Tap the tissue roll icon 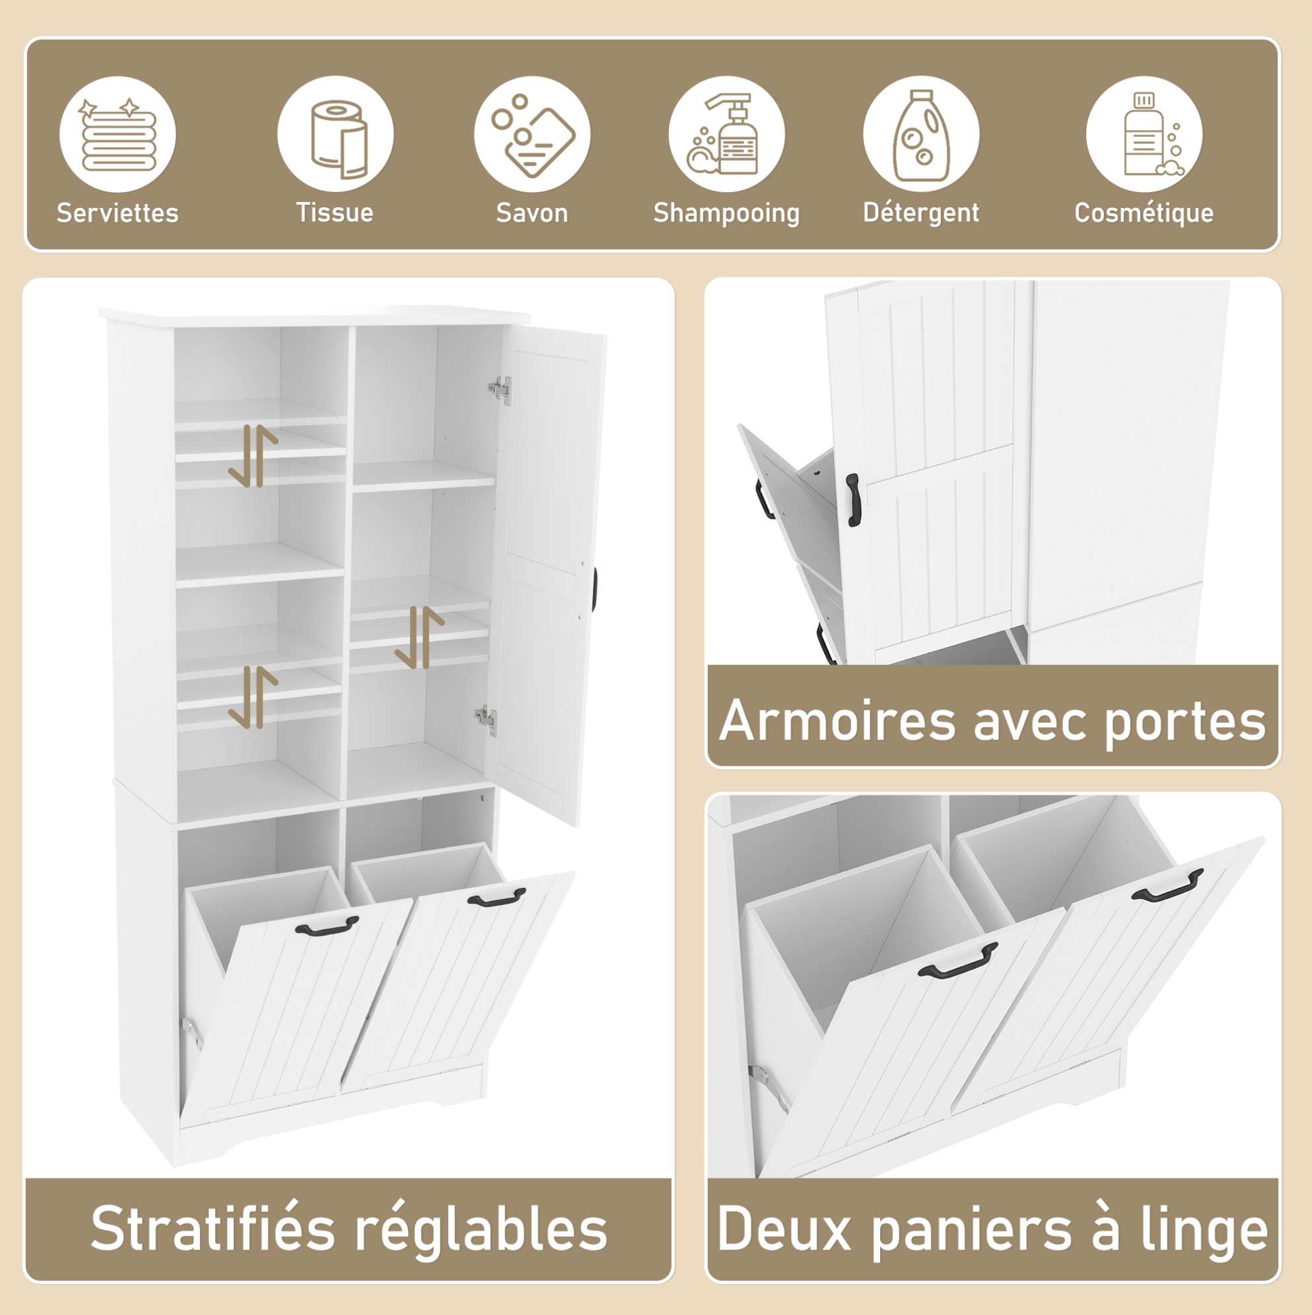point(338,139)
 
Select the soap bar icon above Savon point(533,135)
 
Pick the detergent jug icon point(921,135)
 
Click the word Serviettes point(118,213)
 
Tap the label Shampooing point(726,214)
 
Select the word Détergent point(921,213)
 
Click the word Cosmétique point(1144,213)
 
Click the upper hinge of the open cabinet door point(500,390)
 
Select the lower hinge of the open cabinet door point(486,720)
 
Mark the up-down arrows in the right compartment point(419,637)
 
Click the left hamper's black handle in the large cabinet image point(327,925)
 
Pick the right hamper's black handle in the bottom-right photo point(1167,885)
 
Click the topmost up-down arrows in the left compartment point(254,456)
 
